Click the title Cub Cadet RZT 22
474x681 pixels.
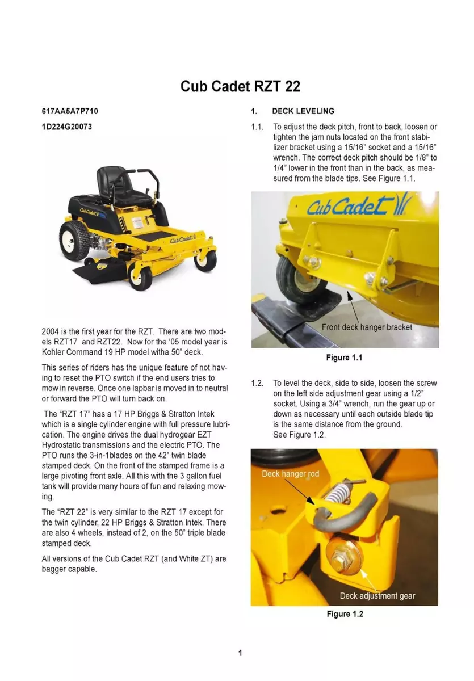(240, 86)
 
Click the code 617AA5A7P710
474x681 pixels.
(66, 111)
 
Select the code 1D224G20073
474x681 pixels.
(66, 127)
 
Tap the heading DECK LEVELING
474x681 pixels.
(303, 111)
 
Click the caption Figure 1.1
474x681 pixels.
(344, 358)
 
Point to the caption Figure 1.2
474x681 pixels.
(344, 615)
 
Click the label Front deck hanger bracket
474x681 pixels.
(367, 327)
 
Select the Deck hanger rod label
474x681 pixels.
(290, 473)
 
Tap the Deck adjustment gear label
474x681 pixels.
(377, 596)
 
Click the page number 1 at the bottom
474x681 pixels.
(240, 653)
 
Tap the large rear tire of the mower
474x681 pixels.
(74, 239)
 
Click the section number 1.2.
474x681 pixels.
(258, 384)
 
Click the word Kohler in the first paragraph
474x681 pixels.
(54, 352)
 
